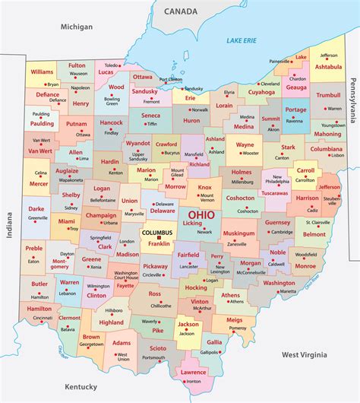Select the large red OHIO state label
click(207, 216)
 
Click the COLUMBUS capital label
click(157, 233)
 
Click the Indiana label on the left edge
click(10, 225)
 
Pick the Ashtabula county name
click(328, 66)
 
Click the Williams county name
click(43, 71)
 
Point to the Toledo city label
click(112, 65)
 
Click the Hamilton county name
click(39, 309)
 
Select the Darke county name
click(36, 208)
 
